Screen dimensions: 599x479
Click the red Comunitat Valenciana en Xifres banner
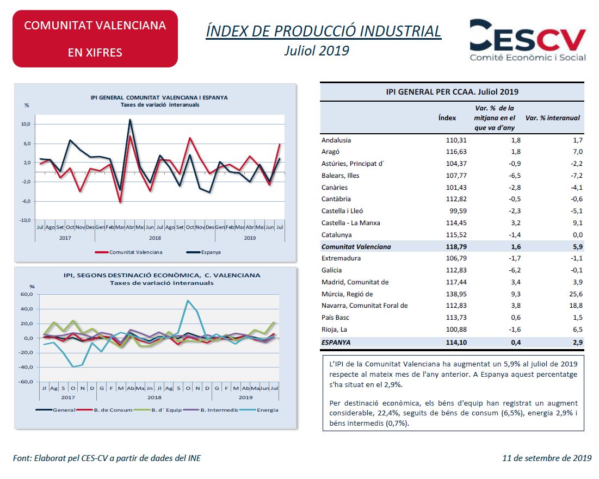point(95,39)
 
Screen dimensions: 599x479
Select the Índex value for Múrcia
point(456,294)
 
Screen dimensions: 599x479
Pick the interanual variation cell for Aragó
point(578,152)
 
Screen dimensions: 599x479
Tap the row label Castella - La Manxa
point(351,223)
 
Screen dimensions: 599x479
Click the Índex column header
point(447,118)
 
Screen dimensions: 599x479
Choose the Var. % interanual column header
point(552,118)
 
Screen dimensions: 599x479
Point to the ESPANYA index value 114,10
point(456,343)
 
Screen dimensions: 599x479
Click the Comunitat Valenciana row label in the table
point(356,247)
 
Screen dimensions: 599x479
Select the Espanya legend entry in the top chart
point(203,252)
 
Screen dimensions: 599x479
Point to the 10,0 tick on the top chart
point(26,124)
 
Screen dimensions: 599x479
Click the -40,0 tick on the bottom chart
point(26,367)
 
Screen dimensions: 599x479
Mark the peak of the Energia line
point(188,301)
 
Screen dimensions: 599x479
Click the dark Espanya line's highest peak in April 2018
point(130,120)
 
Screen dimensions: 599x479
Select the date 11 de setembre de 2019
point(547,458)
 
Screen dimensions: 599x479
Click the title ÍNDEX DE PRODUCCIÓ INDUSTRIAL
point(324,32)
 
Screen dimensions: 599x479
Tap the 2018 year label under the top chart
point(155,238)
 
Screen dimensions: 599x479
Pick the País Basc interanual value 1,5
point(578,318)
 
